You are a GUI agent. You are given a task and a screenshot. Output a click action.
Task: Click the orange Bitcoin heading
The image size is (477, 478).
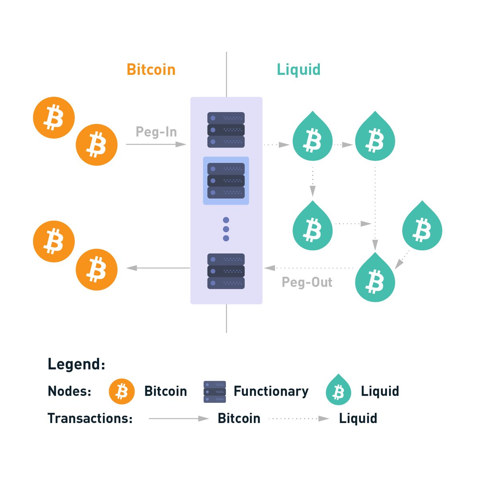point(151,69)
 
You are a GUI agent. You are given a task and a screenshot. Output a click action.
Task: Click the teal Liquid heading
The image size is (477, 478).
point(298,69)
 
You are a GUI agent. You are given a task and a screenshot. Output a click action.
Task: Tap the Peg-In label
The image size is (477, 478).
point(156,132)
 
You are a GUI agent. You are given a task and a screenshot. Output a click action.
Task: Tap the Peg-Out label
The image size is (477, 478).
point(307,282)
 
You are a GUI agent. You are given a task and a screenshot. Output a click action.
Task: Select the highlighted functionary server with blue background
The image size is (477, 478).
point(226,180)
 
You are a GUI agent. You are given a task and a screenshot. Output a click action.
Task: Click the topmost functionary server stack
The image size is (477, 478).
point(226,130)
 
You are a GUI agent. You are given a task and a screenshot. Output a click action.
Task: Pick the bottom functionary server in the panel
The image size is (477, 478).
point(226,271)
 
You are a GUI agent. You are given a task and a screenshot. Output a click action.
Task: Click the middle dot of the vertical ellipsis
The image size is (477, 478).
point(226,229)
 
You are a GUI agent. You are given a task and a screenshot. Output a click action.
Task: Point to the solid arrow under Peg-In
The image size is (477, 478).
point(156,144)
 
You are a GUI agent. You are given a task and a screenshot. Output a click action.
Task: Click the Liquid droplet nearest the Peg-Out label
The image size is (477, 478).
point(375,277)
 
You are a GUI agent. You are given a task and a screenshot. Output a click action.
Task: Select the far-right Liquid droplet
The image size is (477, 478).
point(422,225)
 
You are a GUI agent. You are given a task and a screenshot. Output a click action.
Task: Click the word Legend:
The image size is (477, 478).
point(76,364)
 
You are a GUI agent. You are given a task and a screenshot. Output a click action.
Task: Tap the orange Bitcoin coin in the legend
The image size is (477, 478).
point(121,391)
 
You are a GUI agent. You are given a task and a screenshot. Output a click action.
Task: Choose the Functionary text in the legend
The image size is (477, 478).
point(271,391)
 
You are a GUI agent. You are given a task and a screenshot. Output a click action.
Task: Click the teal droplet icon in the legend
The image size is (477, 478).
point(338,390)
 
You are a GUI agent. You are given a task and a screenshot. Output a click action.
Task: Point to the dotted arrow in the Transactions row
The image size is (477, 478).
point(299,419)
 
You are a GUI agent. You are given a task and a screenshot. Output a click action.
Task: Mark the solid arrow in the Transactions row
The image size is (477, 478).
point(179,419)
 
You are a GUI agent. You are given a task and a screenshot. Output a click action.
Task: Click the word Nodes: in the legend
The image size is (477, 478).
point(69,391)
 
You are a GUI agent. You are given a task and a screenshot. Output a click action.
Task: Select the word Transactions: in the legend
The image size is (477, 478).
point(90,418)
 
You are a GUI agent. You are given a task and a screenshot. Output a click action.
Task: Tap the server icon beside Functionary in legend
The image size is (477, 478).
point(214,392)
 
